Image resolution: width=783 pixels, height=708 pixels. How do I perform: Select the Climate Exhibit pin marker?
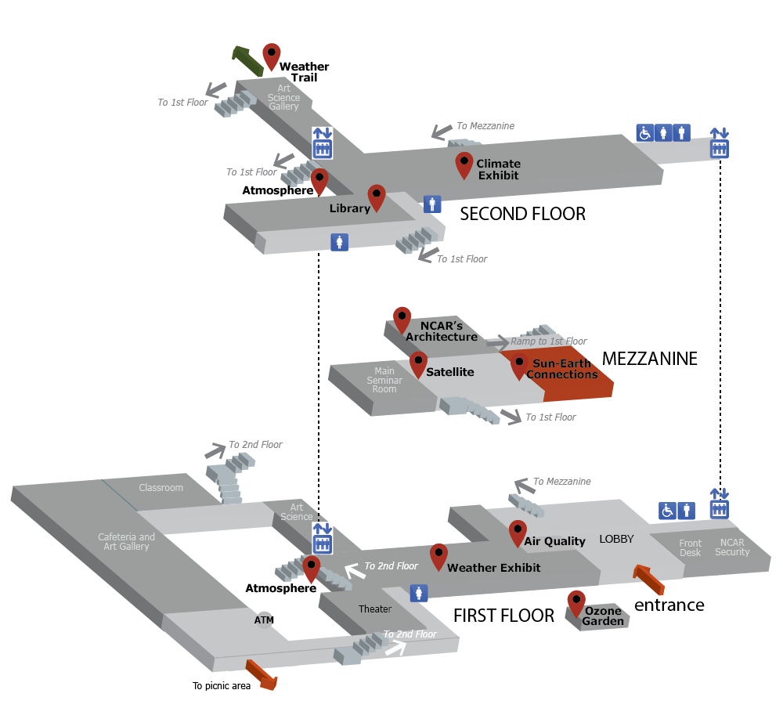[x=464, y=164]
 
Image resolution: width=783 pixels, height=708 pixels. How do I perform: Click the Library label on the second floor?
[x=349, y=208]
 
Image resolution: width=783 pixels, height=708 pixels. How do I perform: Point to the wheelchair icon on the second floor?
[x=644, y=133]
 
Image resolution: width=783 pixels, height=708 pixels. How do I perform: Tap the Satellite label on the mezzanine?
[x=450, y=372]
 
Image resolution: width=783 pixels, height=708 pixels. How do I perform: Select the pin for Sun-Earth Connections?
[x=518, y=364]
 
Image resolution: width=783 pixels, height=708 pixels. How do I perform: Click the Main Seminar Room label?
[x=384, y=380]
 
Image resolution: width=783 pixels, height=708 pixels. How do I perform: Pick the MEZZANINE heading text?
[x=649, y=359]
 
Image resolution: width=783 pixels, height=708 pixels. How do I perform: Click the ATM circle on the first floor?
[x=264, y=619]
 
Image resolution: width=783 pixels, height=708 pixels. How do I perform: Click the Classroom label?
[x=161, y=488]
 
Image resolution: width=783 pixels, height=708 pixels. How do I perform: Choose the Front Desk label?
[x=690, y=547]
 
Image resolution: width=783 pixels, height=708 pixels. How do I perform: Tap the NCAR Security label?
[x=732, y=547]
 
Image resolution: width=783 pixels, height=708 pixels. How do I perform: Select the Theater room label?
[x=374, y=609]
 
